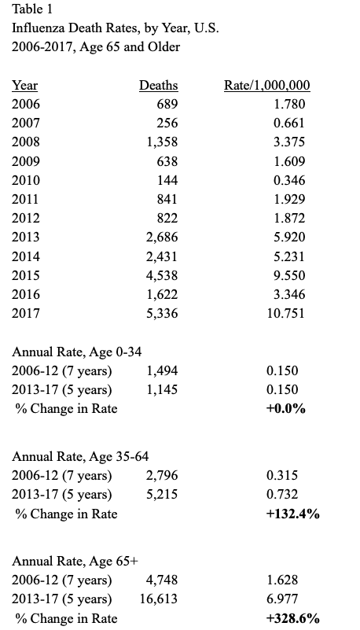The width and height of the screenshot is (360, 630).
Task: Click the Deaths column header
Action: (x=158, y=86)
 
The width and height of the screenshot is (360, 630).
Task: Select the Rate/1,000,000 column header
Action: (x=267, y=86)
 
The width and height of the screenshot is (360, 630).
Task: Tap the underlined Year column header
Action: (x=24, y=86)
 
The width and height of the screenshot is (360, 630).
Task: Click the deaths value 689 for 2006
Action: (x=167, y=104)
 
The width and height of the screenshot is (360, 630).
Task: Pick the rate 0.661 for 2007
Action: (x=289, y=123)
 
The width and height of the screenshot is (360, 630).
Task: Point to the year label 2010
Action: (x=26, y=180)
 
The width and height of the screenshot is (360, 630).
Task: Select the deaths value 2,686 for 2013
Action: (x=162, y=237)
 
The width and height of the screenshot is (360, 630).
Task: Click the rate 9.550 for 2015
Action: (x=289, y=275)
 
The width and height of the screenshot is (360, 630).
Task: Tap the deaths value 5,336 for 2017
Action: (x=162, y=313)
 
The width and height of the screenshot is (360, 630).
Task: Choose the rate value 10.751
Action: (x=286, y=313)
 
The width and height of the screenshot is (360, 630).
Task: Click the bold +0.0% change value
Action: (x=286, y=409)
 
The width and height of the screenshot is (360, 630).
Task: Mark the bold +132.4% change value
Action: (x=293, y=514)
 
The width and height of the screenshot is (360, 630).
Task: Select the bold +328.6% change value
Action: (x=293, y=618)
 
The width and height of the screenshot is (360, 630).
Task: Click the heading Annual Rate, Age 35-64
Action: (x=80, y=456)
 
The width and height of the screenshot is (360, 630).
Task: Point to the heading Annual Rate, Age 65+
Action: (x=75, y=561)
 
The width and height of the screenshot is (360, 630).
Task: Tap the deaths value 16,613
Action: (x=159, y=599)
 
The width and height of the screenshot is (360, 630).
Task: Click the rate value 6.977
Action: (x=282, y=599)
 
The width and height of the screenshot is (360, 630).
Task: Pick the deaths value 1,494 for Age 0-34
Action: (x=162, y=371)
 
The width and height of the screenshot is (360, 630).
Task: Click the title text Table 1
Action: (x=32, y=9)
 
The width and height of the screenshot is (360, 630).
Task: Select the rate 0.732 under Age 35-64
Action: (x=282, y=494)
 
